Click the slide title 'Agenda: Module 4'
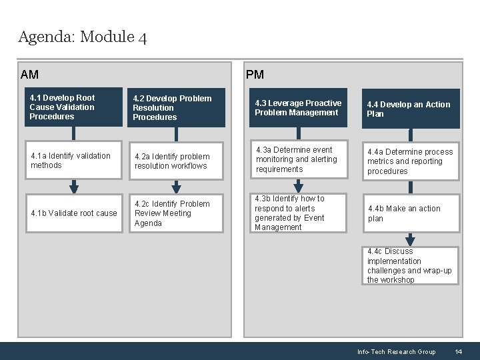(83, 37)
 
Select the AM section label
(30, 75)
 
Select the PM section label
(255, 75)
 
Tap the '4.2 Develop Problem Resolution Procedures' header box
(177, 108)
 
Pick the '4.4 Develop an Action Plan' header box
(411, 109)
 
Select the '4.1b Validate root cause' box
(73, 213)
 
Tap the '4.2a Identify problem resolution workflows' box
(177, 161)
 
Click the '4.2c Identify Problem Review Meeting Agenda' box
(177, 213)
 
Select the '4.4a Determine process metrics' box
(411, 161)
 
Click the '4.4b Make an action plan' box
(411, 213)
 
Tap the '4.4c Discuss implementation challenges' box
(411, 265)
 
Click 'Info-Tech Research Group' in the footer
(396, 352)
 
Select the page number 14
(459, 352)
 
